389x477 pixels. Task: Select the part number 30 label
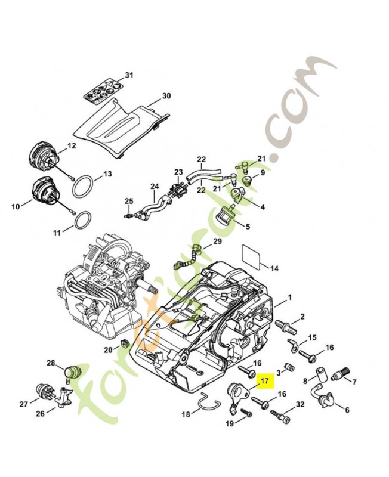(166, 95)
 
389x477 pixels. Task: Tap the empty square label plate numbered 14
(252, 255)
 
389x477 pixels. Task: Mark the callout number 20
(107, 349)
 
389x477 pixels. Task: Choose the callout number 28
(51, 363)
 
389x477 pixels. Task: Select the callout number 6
(347, 409)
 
